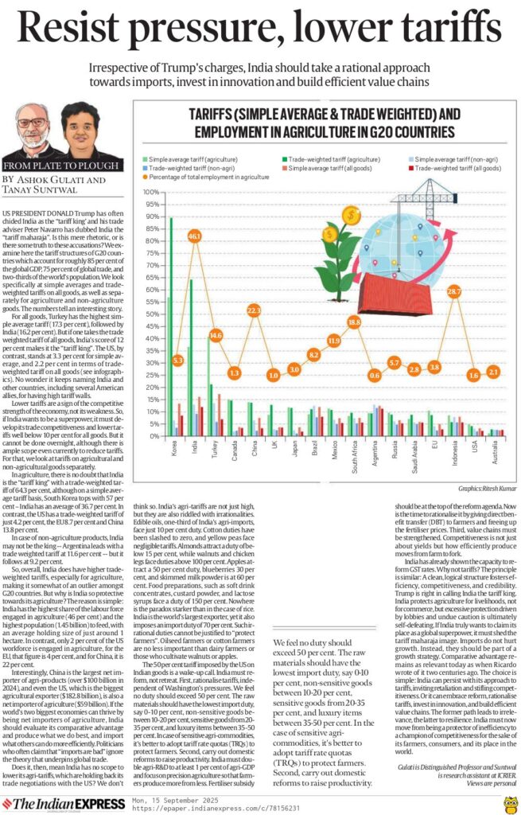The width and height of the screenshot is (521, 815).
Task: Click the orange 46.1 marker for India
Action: [194, 236]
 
